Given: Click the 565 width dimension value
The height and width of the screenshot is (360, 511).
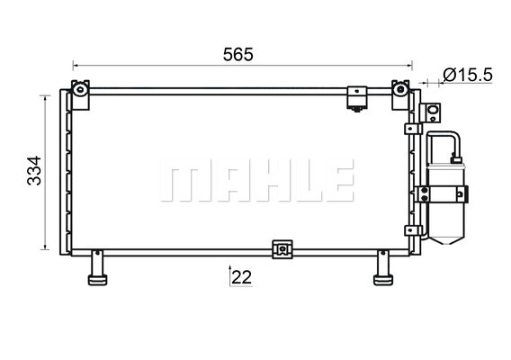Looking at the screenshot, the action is [x=238, y=55].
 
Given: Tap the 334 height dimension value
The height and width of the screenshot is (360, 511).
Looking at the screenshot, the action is [x=34, y=170].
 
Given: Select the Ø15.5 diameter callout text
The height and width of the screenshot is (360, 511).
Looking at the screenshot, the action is [x=468, y=76].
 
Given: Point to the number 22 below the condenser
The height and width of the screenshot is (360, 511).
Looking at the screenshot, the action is [x=242, y=277].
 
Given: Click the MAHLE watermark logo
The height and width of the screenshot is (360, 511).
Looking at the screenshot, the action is [x=256, y=180].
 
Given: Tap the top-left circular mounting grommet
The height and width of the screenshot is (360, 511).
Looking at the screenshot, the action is [x=80, y=89].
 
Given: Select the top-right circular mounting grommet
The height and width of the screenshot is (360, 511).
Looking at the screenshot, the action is [x=399, y=89].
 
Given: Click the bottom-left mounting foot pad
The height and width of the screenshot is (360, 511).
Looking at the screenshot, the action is [x=97, y=280].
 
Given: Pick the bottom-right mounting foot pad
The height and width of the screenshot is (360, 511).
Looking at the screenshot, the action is [x=383, y=280].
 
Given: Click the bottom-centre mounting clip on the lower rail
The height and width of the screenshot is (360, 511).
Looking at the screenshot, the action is [x=282, y=249].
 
